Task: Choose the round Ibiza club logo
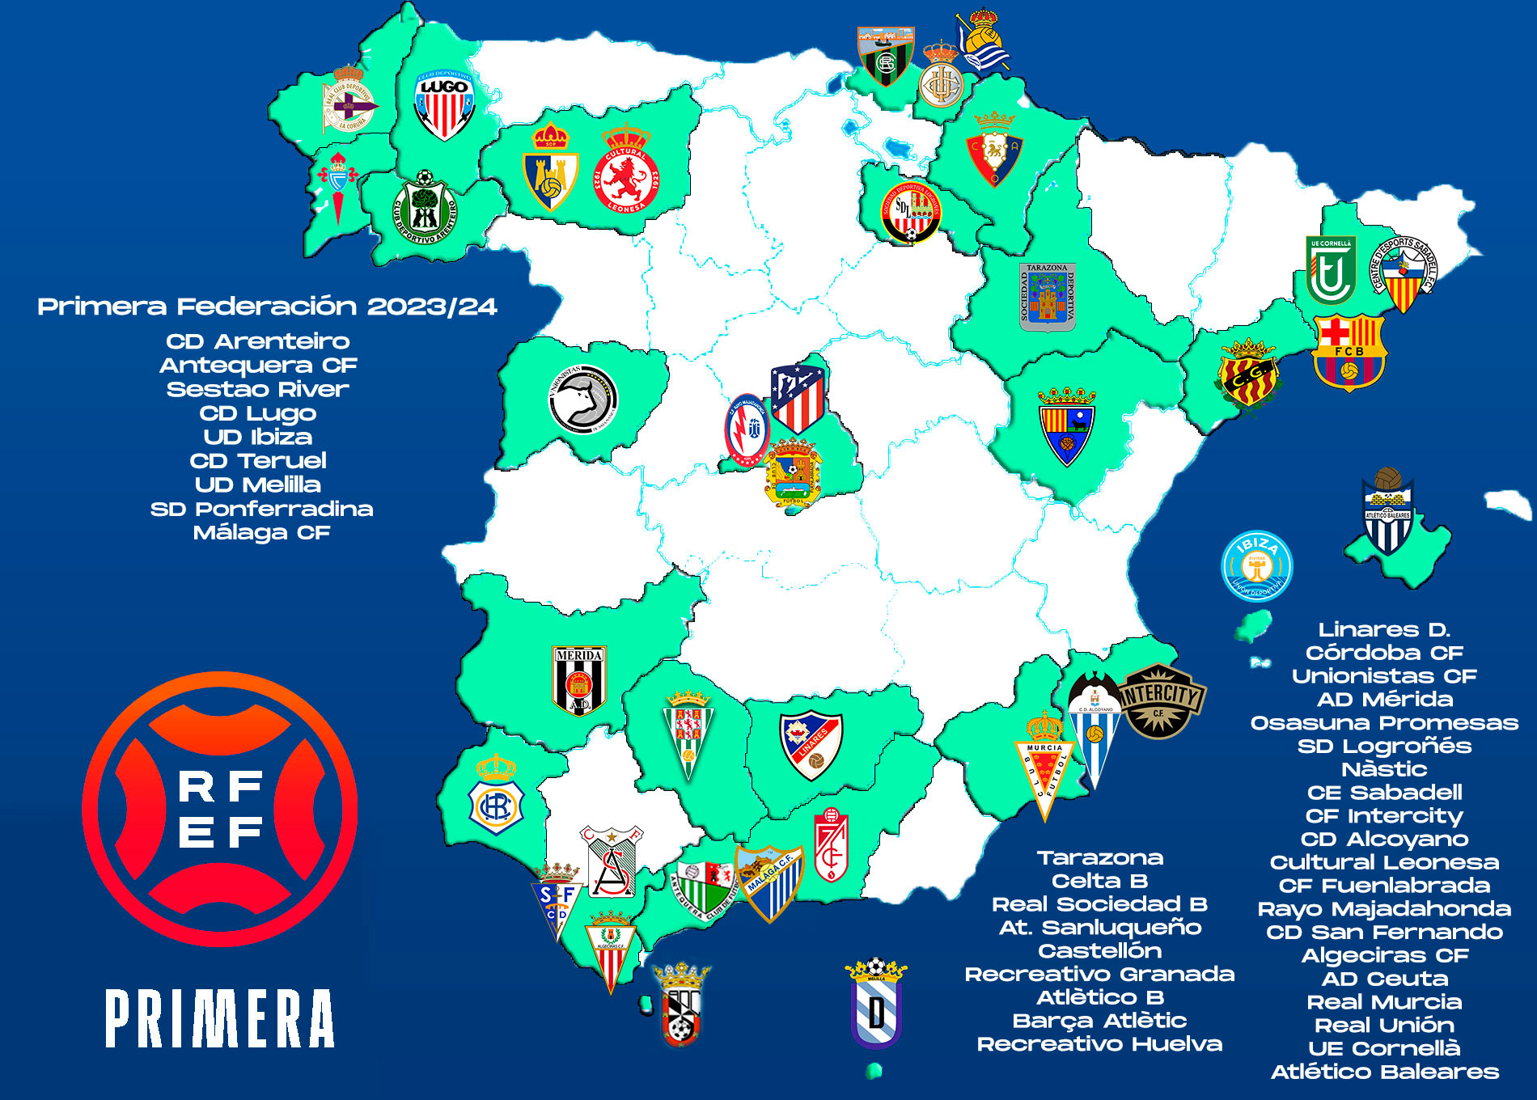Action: (1256, 566)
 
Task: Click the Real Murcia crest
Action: (1044, 768)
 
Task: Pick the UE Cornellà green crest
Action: (1331, 270)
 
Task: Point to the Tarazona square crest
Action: (1048, 297)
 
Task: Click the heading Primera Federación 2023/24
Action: (267, 307)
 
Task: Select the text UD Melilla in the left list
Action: (258, 484)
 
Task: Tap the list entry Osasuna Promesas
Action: (1384, 722)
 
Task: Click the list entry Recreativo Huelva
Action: (1099, 1044)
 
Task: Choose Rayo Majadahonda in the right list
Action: (1384, 908)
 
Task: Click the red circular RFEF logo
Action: (220, 809)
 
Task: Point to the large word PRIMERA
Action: (220, 1019)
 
